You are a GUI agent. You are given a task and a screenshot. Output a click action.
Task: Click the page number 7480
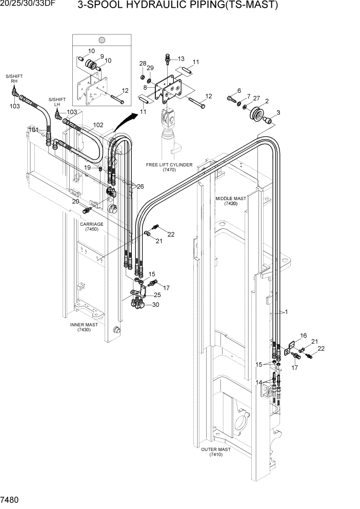(10, 499)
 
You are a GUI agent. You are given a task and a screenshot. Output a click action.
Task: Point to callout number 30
(155, 304)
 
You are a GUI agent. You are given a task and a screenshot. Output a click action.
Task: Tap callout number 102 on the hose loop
(98, 125)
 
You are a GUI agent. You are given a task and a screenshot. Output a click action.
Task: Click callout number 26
(140, 186)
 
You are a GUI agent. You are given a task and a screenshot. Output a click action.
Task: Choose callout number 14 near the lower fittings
(258, 382)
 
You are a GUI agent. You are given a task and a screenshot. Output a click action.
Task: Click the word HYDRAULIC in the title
(150, 6)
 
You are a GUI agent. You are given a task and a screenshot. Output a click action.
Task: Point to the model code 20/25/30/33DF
(29, 5)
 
